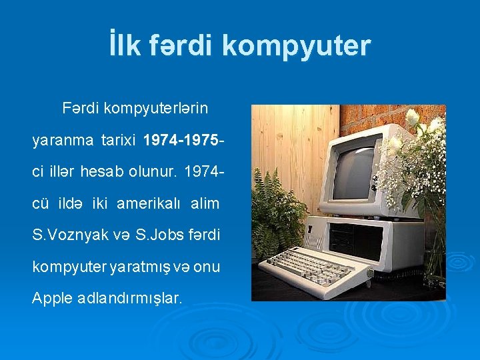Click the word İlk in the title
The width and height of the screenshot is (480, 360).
(x=126, y=46)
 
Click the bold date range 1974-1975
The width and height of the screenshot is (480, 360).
(x=180, y=141)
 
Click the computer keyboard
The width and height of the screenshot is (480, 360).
(x=313, y=267)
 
